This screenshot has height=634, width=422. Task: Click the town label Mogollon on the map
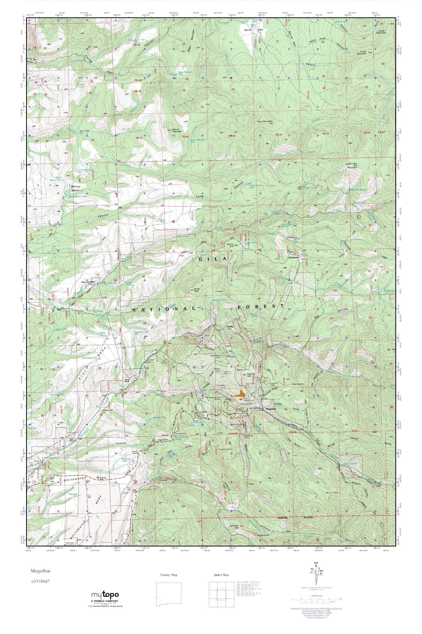click(271, 409)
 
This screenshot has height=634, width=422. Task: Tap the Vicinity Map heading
click(169, 575)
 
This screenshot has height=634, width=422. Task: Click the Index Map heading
click(222, 575)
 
